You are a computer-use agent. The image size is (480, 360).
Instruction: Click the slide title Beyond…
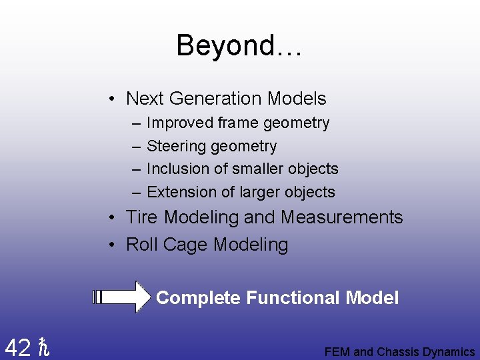point(239,46)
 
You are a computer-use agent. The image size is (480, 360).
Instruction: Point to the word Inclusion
point(175,169)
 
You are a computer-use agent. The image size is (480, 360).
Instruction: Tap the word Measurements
point(342,217)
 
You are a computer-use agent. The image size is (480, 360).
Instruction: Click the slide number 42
point(17,347)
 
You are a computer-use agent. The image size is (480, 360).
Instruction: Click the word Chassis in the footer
point(398,352)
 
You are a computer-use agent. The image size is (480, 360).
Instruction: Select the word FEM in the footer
point(337,352)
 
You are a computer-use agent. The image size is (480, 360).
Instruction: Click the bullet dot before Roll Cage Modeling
point(114,245)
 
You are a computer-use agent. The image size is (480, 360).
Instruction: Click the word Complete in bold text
point(198,298)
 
